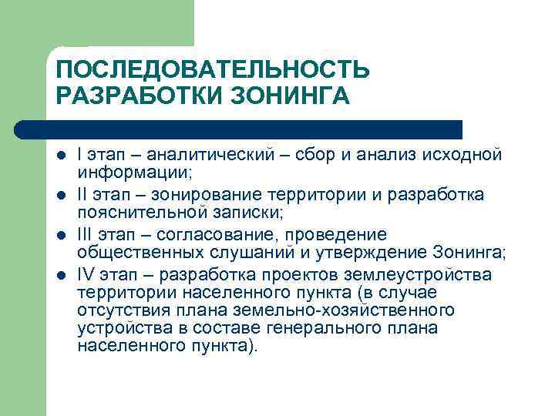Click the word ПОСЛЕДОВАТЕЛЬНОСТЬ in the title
pyautogui.click(x=213, y=70)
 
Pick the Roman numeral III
pyautogui.click(x=86, y=234)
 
